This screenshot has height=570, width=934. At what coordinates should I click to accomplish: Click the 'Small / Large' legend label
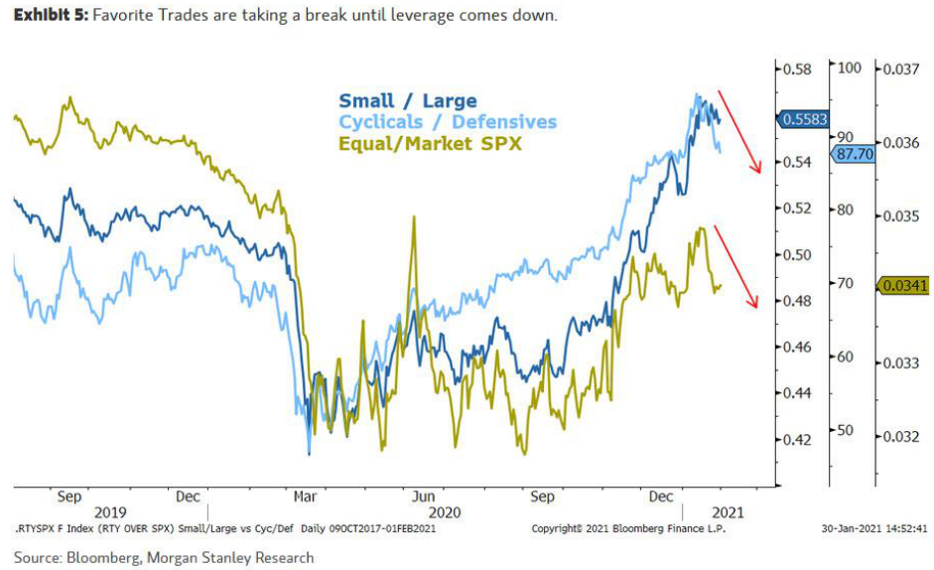pos(407,100)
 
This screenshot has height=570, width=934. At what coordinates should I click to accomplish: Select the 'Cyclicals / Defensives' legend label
pos(448,121)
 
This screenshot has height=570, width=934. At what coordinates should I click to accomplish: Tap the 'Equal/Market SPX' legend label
pos(430,143)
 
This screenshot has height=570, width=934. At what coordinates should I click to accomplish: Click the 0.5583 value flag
pos(804,118)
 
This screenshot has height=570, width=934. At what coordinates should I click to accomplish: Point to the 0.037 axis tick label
pos(901,69)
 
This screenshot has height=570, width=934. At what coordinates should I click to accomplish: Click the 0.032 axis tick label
pos(901,436)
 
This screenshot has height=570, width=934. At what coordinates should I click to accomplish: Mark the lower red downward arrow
pos(738,266)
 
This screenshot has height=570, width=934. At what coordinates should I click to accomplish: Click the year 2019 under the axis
pos(109,512)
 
